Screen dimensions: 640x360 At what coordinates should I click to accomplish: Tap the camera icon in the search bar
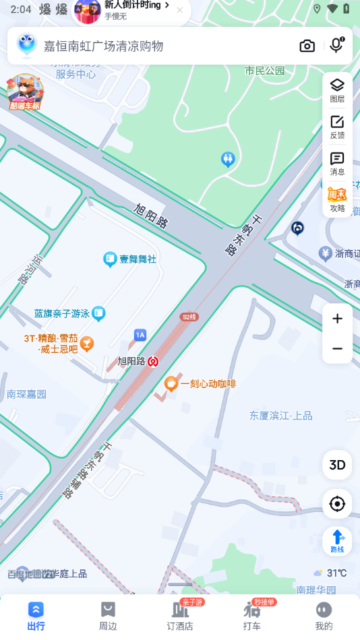(307, 46)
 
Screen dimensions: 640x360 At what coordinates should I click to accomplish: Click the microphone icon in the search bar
(336, 45)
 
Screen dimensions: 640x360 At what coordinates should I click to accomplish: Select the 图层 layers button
(337, 90)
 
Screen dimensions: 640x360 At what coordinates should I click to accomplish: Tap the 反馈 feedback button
(337, 126)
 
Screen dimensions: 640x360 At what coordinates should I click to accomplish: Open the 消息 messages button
(337, 163)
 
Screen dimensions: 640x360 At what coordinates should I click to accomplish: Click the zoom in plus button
(337, 319)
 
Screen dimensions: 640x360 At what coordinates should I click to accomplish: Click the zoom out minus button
(337, 348)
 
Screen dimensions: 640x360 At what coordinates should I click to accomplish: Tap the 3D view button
(337, 465)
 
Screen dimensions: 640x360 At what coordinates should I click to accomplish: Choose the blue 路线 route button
(337, 540)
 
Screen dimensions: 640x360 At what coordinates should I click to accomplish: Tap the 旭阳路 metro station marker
(154, 361)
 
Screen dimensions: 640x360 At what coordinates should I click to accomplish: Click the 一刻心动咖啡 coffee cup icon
(171, 384)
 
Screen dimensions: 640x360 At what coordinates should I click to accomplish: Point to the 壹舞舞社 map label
(138, 259)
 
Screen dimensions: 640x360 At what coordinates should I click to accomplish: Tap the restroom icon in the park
(228, 159)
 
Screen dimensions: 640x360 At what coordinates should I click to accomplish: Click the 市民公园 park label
(265, 71)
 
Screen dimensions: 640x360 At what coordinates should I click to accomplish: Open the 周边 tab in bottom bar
(108, 616)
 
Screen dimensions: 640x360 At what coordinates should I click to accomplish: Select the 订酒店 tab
(180, 616)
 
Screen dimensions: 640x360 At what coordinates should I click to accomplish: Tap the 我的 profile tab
(324, 616)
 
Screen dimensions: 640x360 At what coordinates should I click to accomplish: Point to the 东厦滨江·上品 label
(281, 416)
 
